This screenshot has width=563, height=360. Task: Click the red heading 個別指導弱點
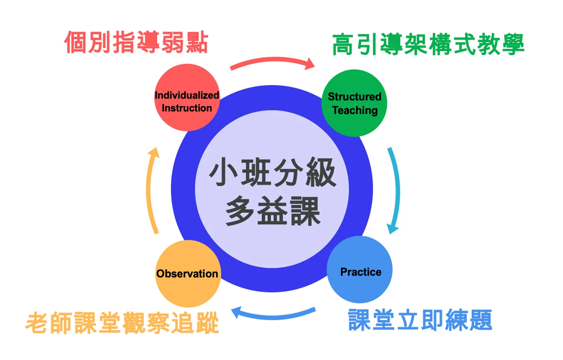136,42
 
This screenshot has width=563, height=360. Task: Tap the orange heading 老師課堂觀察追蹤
122,322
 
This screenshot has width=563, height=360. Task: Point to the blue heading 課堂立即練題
420,320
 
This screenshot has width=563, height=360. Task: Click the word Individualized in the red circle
187,95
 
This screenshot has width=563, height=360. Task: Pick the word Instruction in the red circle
187,108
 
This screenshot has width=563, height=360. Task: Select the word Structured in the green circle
354,97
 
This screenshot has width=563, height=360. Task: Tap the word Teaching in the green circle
355,111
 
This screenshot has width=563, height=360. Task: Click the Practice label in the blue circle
361,272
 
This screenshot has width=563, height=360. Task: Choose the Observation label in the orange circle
187,274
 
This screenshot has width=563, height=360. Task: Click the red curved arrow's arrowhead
310,64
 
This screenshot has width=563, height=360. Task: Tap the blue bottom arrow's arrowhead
236,312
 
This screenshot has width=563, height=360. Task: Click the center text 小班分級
272,172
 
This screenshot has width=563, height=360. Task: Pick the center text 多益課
273,211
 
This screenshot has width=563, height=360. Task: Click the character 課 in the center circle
305,211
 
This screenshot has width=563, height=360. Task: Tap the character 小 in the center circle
223,172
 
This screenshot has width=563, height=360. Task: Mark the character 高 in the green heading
343,44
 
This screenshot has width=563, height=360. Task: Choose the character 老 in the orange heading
36,323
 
